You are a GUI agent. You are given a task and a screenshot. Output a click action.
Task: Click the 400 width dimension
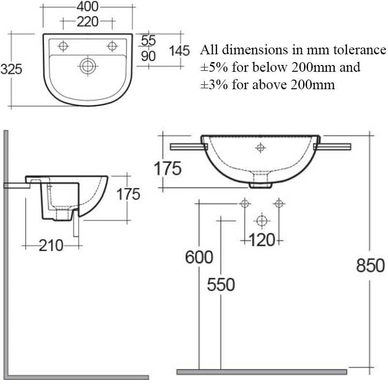(88, 7)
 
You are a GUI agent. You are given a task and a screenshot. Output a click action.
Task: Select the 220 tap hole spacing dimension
(87, 22)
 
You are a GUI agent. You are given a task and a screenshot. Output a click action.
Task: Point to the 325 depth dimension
(11, 69)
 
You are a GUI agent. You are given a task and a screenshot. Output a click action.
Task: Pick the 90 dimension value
(148, 56)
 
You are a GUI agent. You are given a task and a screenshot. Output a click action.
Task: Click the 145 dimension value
(179, 50)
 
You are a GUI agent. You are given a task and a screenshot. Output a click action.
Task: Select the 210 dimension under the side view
(51, 246)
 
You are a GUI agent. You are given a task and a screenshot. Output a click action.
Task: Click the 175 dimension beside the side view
(129, 194)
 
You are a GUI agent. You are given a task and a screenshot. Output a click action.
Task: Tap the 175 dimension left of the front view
(168, 169)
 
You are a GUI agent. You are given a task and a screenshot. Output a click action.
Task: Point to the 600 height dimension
(199, 258)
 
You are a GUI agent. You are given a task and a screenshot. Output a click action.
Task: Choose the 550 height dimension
(221, 285)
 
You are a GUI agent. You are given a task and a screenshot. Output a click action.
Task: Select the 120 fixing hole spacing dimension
(262, 240)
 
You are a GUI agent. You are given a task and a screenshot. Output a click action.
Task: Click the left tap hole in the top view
(63, 46)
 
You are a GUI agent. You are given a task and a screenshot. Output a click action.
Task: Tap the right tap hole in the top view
(113, 46)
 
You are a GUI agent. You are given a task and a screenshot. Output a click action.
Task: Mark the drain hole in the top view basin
(88, 66)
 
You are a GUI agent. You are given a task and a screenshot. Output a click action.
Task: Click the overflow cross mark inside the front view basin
(260, 147)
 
